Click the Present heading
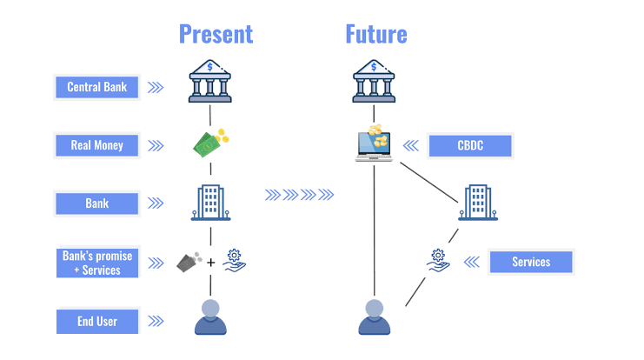click(x=216, y=34)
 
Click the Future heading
click(x=375, y=34)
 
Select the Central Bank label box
click(x=97, y=87)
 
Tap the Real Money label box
click(x=97, y=145)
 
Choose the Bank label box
click(x=97, y=203)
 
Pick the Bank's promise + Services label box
click(x=97, y=263)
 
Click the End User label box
click(x=97, y=322)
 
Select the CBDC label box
click(x=470, y=145)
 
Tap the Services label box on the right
click(x=530, y=262)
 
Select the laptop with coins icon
click(x=375, y=144)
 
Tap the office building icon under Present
click(x=211, y=202)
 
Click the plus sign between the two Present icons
click(x=211, y=262)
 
